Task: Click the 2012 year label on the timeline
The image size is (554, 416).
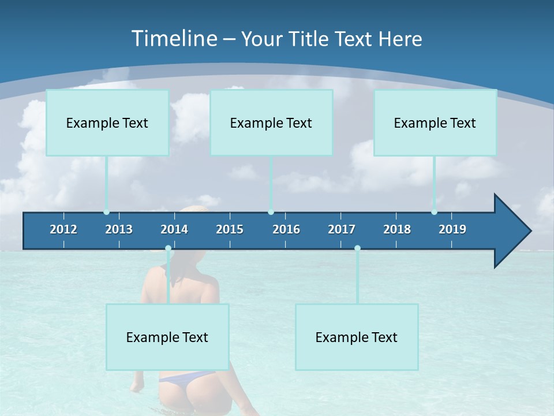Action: tap(63, 229)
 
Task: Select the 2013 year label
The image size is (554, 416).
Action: tap(119, 229)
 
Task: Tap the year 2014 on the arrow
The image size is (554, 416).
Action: tap(174, 229)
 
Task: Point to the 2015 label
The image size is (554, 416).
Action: tap(230, 229)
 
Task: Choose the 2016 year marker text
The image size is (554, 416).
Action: tap(286, 229)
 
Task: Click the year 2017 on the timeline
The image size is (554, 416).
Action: tap(342, 229)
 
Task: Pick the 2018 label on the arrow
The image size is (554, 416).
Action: tap(397, 229)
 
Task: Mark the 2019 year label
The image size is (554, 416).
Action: tap(452, 229)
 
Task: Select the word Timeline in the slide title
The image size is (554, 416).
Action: tap(174, 39)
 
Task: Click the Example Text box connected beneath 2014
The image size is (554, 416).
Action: tap(167, 337)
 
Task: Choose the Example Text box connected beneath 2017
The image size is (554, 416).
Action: tap(357, 337)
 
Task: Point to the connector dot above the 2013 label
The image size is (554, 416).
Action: tap(107, 212)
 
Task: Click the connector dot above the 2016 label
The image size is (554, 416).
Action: tap(271, 212)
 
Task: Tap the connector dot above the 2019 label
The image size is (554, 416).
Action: tap(435, 212)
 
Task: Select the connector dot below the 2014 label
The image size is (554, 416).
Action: tap(168, 248)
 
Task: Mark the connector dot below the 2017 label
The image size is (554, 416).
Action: tap(357, 248)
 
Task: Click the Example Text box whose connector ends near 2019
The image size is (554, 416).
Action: tap(435, 122)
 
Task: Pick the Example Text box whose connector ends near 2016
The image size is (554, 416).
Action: tap(271, 122)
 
